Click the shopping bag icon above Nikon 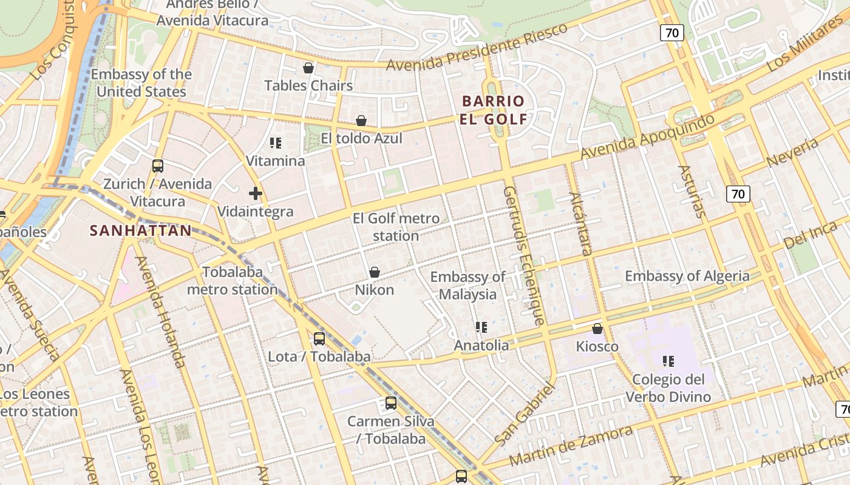coord(375,273)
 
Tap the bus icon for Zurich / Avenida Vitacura coord(158,166)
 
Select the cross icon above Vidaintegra coord(256,194)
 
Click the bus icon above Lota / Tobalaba coord(319,339)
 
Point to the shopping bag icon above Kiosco coord(597,329)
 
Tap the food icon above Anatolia coord(481,328)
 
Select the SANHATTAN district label coord(141,230)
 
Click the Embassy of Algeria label coord(687,276)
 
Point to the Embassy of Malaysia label coord(467,286)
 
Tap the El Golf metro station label coord(396,227)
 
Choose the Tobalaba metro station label coord(232,281)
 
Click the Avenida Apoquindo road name coord(647,137)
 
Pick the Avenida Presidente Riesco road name coord(477,46)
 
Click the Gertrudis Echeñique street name coord(521,255)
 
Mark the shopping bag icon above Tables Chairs coord(308,68)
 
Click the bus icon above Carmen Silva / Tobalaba coord(391,403)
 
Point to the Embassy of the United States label coord(141,83)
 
